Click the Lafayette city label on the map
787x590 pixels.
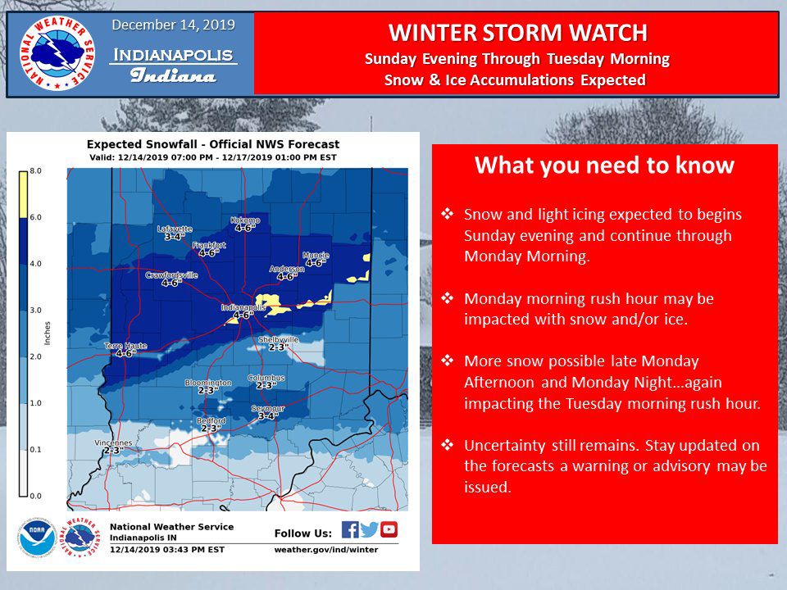[x=173, y=229]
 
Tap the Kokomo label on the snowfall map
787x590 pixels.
[x=247, y=220]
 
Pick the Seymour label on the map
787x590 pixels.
[x=267, y=408]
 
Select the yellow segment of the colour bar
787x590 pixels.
[x=24, y=194]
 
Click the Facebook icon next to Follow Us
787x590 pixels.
[x=349, y=529]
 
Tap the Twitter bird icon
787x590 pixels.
[x=369, y=529]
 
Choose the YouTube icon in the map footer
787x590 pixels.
[x=389, y=529]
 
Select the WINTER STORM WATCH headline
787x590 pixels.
[x=517, y=33]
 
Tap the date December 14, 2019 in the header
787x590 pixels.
[x=173, y=25]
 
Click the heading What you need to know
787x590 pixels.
[x=604, y=166]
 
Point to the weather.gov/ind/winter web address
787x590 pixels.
[x=325, y=550]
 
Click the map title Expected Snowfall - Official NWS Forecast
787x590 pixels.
[x=213, y=144]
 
